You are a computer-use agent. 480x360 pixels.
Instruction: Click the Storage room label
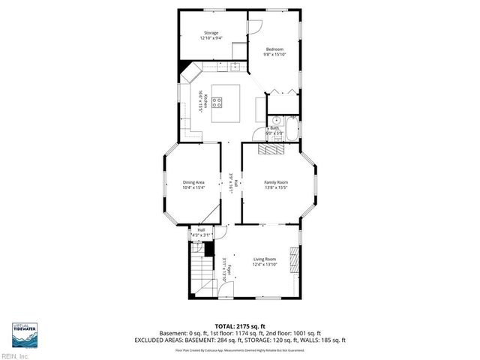(211, 33)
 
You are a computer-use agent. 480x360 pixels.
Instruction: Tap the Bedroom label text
(274, 49)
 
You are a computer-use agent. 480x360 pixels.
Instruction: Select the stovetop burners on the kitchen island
(217, 104)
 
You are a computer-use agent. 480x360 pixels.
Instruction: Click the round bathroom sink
(274, 121)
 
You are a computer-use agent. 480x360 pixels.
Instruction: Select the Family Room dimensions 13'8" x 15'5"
(275, 187)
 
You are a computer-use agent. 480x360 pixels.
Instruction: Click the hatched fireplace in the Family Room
(271, 148)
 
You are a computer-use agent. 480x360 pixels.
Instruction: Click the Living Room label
(264, 259)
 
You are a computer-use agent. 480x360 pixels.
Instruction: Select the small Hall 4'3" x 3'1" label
(201, 232)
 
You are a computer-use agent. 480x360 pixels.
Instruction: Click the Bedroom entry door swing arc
(254, 24)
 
